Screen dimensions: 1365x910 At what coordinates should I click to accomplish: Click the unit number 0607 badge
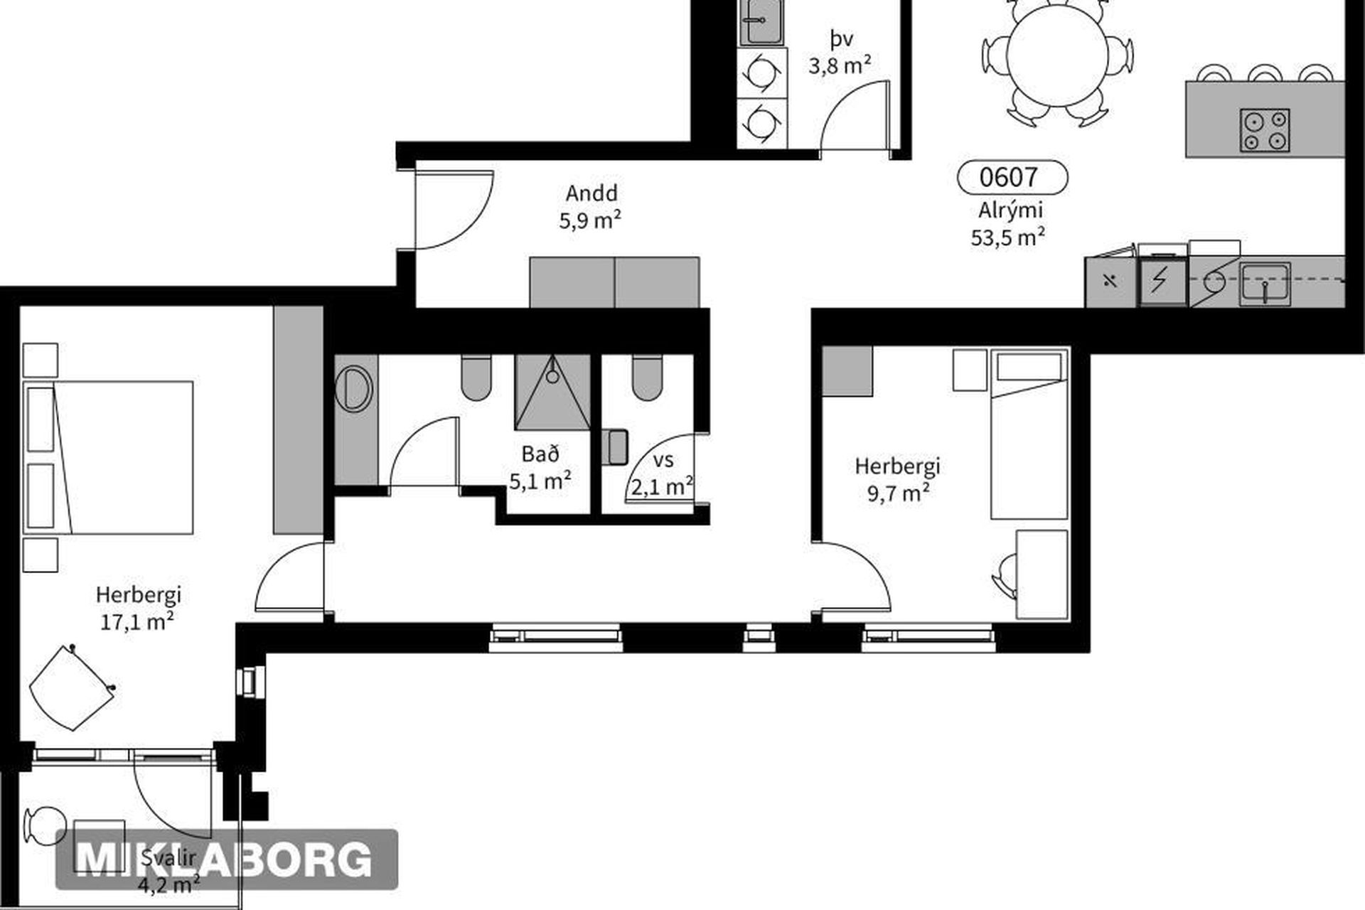(x=1012, y=177)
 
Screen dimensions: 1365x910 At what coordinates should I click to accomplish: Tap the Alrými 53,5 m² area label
(x=1009, y=223)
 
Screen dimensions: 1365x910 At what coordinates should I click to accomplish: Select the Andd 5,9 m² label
(x=591, y=207)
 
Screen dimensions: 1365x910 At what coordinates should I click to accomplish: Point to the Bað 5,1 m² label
(x=540, y=468)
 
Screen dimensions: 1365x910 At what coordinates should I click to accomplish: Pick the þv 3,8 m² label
(x=840, y=52)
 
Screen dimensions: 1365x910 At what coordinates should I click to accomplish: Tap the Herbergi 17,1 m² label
(x=138, y=608)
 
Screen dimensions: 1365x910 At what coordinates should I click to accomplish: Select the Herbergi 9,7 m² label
(x=897, y=479)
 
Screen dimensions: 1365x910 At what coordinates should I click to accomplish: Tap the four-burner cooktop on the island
(x=1265, y=130)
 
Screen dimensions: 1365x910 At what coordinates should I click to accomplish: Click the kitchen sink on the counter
(x=1265, y=284)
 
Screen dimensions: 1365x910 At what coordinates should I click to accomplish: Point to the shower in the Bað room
(x=553, y=392)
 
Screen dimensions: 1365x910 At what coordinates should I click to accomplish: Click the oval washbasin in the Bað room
(x=354, y=389)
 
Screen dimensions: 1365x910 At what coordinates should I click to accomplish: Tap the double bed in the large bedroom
(x=108, y=457)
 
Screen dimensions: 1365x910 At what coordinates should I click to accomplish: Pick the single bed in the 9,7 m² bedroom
(x=1029, y=434)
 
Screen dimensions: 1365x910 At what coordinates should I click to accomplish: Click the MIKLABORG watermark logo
(x=226, y=859)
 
